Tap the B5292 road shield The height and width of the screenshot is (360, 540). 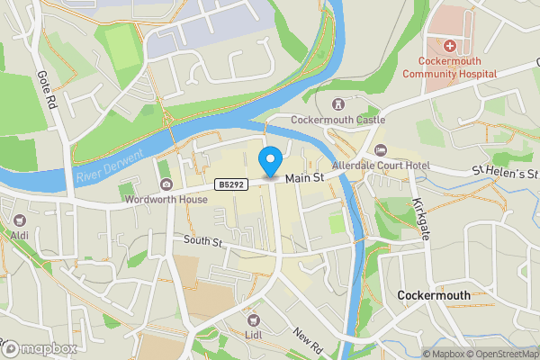[229, 184]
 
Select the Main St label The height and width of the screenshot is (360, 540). [304, 181]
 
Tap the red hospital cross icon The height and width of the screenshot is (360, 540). [449, 45]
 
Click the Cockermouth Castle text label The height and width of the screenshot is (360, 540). [337, 120]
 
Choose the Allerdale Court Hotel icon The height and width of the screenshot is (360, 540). [379, 150]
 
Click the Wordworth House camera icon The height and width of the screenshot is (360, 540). [166, 184]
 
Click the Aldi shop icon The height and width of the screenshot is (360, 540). [19, 220]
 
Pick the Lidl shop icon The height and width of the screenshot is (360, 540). [253, 319]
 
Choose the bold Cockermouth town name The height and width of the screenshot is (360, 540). [434, 295]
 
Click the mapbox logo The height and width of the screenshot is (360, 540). [40, 348]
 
